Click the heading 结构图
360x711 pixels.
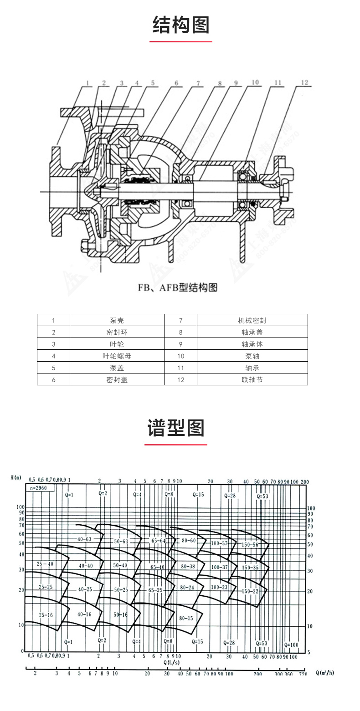(180, 25)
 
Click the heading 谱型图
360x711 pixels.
(176, 428)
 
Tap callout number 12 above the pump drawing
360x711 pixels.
(304, 82)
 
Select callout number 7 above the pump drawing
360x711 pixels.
(198, 83)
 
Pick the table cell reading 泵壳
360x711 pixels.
(117, 320)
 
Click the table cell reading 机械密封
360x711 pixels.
(252, 320)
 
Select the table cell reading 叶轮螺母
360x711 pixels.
(117, 356)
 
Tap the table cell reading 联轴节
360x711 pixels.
(252, 379)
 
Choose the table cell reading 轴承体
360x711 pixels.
(252, 344)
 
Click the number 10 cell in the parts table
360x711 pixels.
(180, 356)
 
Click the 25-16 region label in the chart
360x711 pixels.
(46, 614)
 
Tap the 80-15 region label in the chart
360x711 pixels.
(186, 619)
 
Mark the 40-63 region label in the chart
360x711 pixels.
(84, 539)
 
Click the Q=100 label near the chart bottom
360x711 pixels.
(291, 645)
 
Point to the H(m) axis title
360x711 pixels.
(16, 477)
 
